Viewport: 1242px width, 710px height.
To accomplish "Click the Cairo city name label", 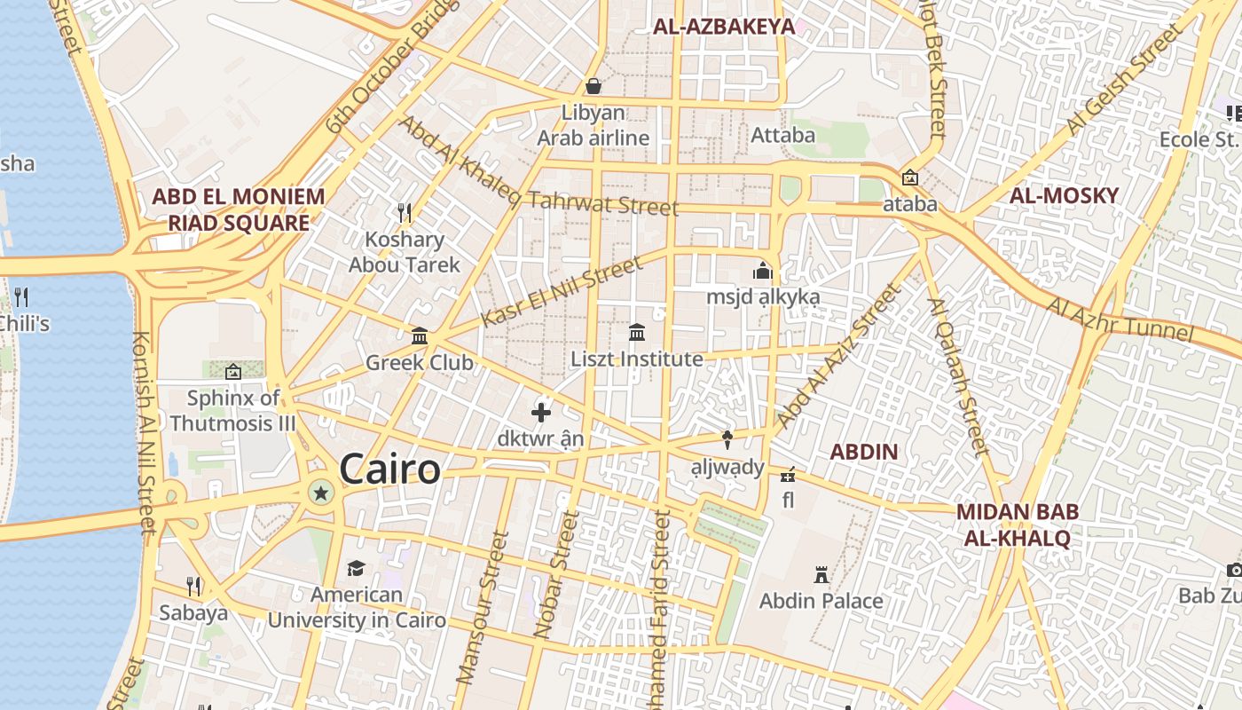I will click(389, 469).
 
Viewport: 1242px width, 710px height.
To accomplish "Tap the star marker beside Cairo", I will click(320, 492).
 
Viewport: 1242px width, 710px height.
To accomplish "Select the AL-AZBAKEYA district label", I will click(724, 27).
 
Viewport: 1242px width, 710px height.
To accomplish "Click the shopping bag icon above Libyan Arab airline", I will click(593, 86).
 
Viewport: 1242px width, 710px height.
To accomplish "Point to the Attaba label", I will click(782, 135).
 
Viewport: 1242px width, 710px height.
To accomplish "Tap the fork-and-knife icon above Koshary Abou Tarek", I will click(405, 212).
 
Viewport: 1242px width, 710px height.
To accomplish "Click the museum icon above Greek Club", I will click(420, 336).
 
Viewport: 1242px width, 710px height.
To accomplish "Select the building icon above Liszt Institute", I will click(636, 333).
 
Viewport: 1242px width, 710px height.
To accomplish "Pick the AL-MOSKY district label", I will click(1065, 195).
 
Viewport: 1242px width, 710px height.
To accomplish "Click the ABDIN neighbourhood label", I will click(863, 452).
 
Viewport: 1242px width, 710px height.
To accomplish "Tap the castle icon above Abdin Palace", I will click(821, 575).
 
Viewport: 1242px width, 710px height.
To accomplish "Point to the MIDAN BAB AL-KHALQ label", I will click(1018, 525).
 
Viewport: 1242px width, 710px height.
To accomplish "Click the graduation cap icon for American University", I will click(356, 568).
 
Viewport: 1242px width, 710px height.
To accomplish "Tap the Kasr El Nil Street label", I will click(561, 292).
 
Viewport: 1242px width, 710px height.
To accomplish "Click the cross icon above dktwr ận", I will click(541, 413).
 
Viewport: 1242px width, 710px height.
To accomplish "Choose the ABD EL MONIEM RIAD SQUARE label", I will click(238, 209).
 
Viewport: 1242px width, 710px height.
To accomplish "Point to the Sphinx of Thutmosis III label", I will click(233, 410).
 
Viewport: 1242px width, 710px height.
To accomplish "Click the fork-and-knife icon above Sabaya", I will click(193, 587).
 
